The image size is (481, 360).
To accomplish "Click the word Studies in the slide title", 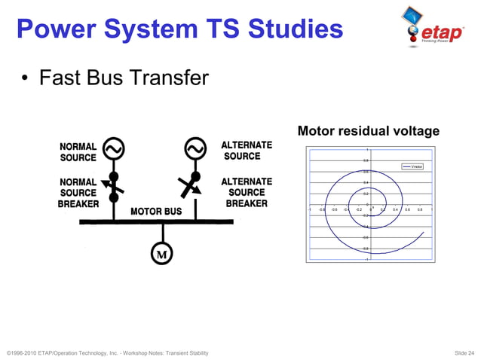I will pos(288,29).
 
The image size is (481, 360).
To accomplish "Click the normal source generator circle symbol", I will pos(113,150).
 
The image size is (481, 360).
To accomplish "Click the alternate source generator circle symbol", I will pos(195,149).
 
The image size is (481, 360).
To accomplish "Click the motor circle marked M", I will pos(161,254).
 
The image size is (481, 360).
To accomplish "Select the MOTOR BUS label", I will pos(156,212).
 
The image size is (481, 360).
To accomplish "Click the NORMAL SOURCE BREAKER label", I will pos(78,194).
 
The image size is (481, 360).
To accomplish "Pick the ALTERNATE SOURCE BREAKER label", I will pos(247,192).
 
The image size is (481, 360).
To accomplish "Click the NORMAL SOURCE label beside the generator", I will pos(78,152).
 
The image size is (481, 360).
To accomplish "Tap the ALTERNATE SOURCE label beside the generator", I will pos(247,150).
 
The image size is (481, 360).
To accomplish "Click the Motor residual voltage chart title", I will pos(368,131).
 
